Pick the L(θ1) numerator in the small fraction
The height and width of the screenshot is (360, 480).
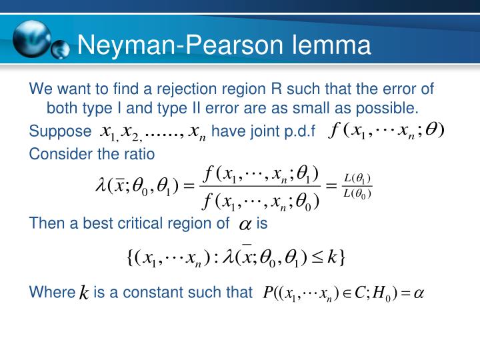pyautogui.click(x=357, y=178)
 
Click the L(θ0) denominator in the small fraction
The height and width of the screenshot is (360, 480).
pyautogui.click(x=357, y=193)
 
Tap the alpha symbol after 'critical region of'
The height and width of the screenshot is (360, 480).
pyautogui.click(x=245, y=225)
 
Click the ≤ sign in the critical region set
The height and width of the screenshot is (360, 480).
pyautogui.click(x=313, y=257)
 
